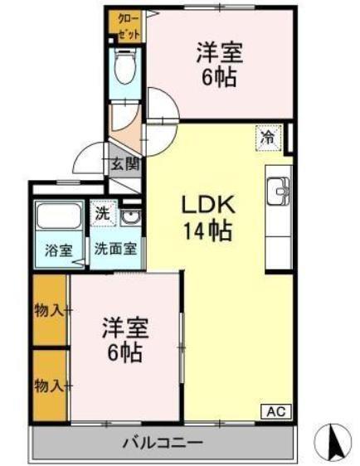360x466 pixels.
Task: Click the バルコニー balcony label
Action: (163, 443)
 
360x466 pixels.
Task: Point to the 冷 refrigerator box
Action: (268, 138)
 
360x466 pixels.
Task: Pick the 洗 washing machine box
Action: (100, 213)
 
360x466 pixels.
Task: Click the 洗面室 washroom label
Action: (115, 247)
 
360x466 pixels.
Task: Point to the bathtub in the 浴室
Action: (56, 218)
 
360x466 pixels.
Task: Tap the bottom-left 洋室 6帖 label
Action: (124, 339)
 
